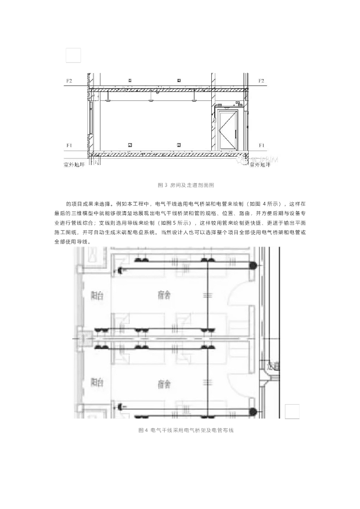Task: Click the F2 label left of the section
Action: pos(70,80)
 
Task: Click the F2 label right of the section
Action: pos(261,80)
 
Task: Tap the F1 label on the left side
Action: pos(70,145)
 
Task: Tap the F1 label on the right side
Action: pos(261,145)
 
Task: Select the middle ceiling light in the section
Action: pos(150,99)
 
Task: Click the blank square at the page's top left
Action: pos(73,55)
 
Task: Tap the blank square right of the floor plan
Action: pos(292,411)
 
